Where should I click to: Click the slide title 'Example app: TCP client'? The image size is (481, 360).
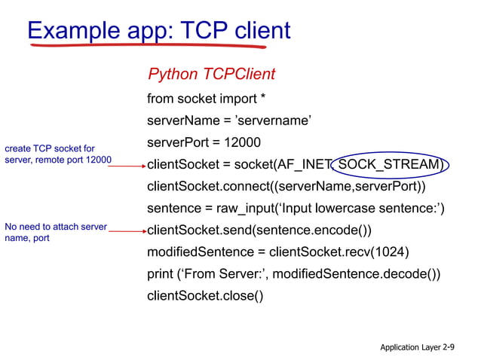tap(158, 30)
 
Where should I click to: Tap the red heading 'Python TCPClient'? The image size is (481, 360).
tap(211, 74)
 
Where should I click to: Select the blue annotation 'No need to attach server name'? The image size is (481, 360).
tap(55, 232)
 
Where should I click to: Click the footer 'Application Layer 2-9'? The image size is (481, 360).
tap(417, 347)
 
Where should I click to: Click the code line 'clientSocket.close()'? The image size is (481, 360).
tap(205, 295)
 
